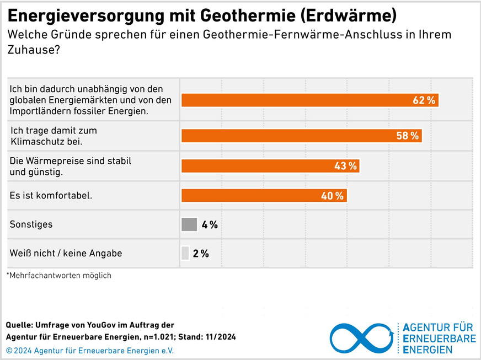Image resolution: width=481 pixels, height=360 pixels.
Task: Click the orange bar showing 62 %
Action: [x=309, y=100]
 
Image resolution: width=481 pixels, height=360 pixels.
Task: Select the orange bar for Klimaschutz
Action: [x=301, y=136]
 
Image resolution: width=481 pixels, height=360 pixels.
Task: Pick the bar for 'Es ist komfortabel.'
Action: [x=263, y=196]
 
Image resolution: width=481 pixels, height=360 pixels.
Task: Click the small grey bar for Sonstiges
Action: [x=189, y=224]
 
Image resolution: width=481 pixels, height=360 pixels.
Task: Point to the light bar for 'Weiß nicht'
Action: [x=185, y=253]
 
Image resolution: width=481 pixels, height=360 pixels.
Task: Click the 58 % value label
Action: [x=408, y=136]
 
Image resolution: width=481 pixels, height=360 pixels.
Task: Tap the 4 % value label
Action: [x=210, y=224]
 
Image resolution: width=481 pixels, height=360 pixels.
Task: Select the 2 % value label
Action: [x=201, y=254]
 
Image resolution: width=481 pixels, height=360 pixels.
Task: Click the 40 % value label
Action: [x=332, y=196]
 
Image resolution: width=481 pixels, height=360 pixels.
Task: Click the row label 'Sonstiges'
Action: [x=31, y=224]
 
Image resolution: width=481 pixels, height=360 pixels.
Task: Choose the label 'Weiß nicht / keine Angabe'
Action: [x=66, y=254]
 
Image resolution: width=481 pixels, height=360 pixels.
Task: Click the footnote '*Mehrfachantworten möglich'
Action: [x=59, y=275]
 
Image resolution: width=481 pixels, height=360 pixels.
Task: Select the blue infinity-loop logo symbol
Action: [x=361, y=337]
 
